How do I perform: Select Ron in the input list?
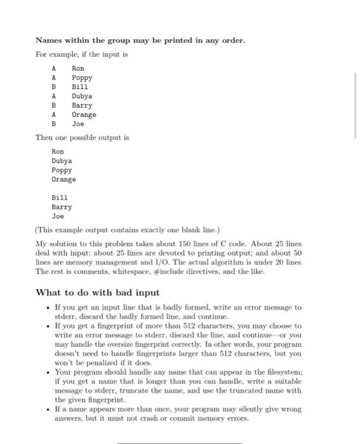coord(77,68)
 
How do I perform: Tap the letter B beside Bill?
coord(54,87)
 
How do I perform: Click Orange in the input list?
coord(84,115)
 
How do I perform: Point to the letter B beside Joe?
coord(54,124)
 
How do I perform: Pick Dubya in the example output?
coord(62,161)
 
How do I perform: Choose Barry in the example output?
coord(62,207)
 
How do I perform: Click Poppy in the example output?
coord(62,170)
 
